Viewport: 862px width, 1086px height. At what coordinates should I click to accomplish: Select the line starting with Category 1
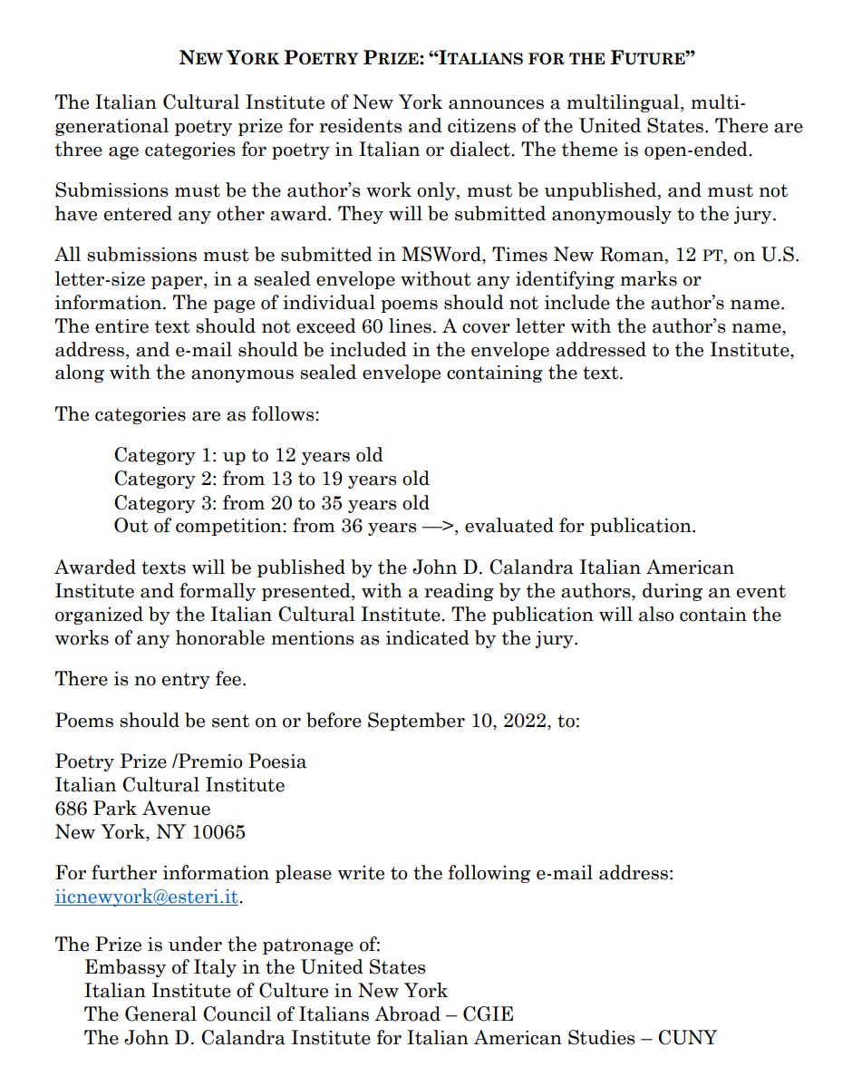[248, 455]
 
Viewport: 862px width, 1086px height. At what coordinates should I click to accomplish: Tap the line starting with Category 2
[271, 479]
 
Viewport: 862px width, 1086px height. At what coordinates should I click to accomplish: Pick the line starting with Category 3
[271, 502]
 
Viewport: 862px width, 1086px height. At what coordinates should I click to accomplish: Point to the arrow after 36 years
[438, 526]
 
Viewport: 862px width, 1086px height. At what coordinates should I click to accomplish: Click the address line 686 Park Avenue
[132, 809]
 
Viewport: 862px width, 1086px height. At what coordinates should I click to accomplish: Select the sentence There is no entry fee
[150, 678]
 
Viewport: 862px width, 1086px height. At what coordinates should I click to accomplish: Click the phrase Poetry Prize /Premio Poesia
[180, 761]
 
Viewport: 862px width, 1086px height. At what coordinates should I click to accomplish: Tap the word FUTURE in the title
[654, 58]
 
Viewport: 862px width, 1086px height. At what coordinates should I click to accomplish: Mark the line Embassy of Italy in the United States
[255, 966]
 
